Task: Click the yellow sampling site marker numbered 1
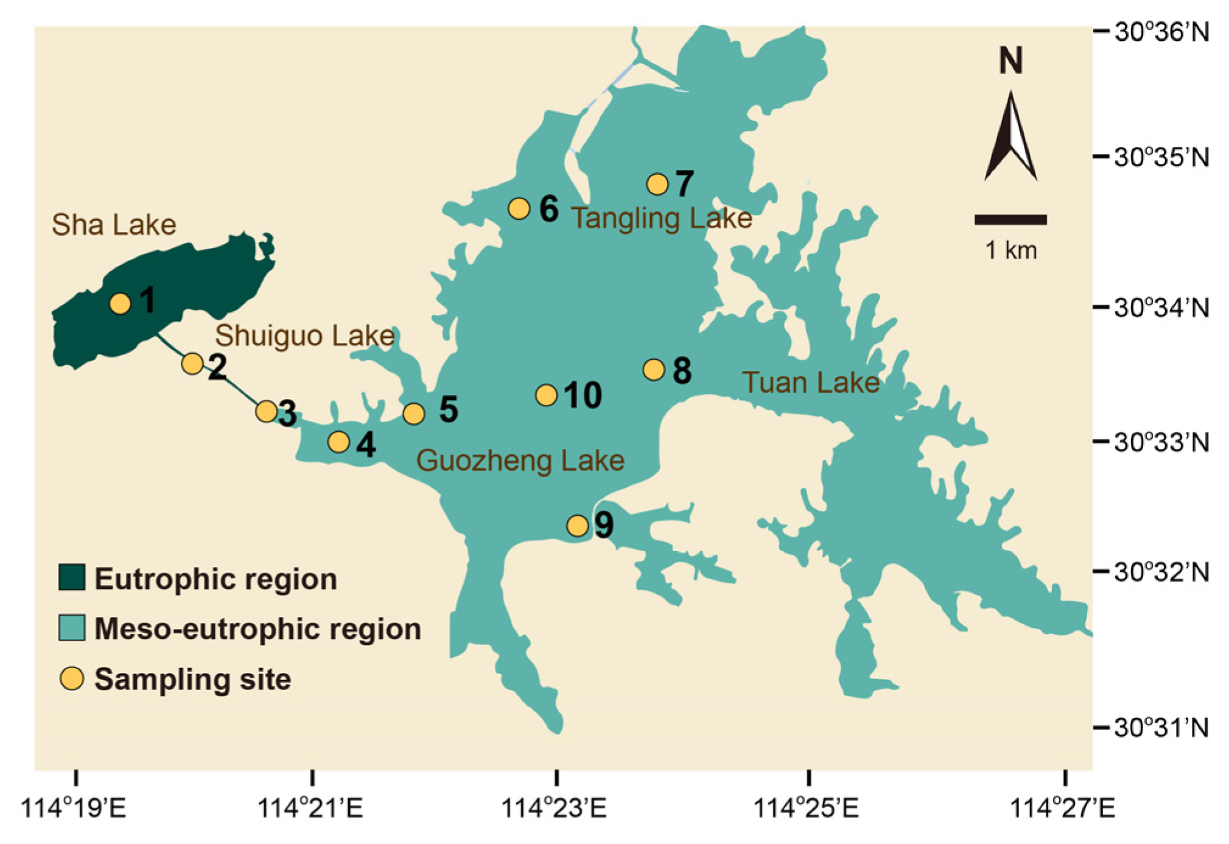click(x=121, y=303)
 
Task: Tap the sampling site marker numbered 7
click(x=657, y=183)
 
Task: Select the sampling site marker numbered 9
click(x=578, y=525)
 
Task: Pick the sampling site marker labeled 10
click(x=547, y=395)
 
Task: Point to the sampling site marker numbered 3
click(x=266, y=412)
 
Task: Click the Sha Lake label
click(x=114, y=225)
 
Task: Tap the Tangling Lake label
click(x=661, y=218)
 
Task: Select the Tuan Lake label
click(x=811, y=382)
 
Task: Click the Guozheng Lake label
click(x=520, y=460)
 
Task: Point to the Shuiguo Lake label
click(x=304, y=336)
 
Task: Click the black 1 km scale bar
click(x=1010, y=220)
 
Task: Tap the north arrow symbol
click(x=1010, y=137)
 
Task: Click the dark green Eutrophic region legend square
click(x=72, y=577)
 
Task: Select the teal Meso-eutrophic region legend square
click(x=72, y=628)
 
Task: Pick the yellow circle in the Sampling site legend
click(x=72, y=678)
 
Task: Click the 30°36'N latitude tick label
click(x=1161, y=32)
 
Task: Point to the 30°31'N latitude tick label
click(x=1161, y=728)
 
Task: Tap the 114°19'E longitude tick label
click(x=74, y=809)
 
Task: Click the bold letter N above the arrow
click(x=1010, y=61)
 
